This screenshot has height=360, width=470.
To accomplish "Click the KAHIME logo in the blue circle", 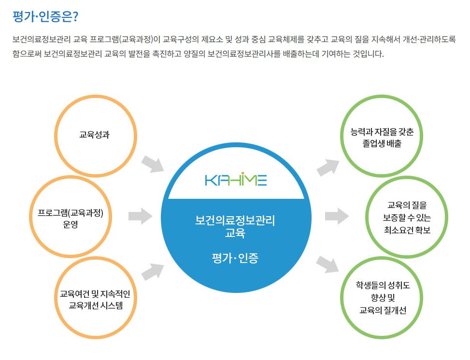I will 235,180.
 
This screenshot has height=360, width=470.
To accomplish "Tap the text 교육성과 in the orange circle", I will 95,135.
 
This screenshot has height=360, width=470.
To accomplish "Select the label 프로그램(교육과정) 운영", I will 71,218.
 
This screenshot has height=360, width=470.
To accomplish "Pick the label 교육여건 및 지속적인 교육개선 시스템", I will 95,299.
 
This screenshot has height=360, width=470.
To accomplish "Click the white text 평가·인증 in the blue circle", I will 235,258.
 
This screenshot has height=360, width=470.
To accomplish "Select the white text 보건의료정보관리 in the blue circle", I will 235,221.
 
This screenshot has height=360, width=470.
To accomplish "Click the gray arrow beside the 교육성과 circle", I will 152,164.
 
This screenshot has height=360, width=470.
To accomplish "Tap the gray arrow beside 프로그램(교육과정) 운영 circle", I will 140,216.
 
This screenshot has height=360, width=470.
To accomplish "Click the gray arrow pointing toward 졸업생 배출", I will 328,167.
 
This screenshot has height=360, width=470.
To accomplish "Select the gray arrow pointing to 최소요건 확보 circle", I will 337,216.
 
